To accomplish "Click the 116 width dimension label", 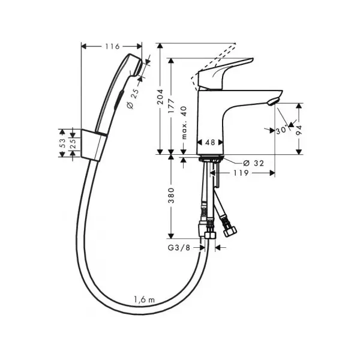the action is [113, 46].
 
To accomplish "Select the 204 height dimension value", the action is [160, 97].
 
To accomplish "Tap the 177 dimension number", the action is [171, 106].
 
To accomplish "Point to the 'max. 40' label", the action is [184, 123].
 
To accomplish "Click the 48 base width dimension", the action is [210, 142].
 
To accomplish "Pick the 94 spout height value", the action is [299, 130].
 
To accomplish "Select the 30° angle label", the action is [281, 130].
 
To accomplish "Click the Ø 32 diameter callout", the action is [254, 163].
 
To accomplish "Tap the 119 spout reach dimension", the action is [241, 173].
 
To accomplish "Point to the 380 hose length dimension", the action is [171, 196].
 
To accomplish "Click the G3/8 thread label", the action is [179, 248].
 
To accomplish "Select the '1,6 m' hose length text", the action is [145, 299].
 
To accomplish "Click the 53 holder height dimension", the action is [62, 143].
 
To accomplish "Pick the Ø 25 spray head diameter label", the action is [133, 98].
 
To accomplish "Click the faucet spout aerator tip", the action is [273, 101].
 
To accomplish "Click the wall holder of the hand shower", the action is [94, 145].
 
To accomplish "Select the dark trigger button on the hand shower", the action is [119, 100].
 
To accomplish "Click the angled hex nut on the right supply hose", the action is [230, 231].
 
